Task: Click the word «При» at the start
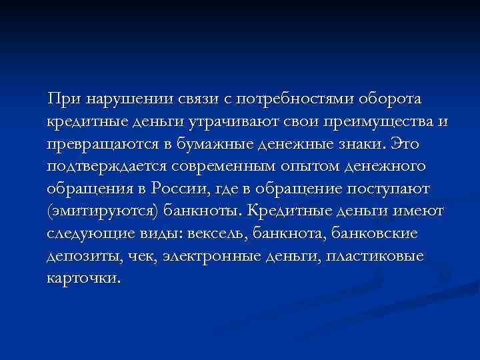tap(61, 100)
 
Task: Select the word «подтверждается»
tap(106, 167)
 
